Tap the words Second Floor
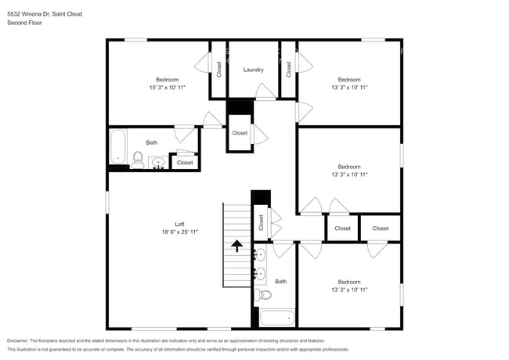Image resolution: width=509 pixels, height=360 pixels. (24, 23)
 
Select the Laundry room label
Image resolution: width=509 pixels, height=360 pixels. (253, 70)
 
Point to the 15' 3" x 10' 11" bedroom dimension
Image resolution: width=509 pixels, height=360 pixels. (167, 88)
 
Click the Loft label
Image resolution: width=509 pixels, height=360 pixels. (179, 224)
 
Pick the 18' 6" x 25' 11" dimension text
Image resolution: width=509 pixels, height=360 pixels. (179, 232)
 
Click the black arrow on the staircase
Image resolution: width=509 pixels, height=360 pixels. (236, 247)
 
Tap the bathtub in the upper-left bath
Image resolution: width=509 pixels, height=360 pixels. (118, 147)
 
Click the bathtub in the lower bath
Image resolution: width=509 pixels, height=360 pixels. (276, 319)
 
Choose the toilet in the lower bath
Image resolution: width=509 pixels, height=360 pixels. (263, 295)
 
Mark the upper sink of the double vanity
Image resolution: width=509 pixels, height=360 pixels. (260, 255)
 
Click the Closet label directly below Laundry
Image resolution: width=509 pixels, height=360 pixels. (240, 133)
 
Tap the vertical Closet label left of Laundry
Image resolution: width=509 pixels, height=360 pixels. (219, 70)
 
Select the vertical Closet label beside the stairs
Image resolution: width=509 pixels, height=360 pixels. (261, 223)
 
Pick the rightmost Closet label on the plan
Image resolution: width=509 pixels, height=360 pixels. (380, 229)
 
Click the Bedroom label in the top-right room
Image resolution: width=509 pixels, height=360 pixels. (349, 79)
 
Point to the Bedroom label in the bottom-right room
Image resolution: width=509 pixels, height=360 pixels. (349, 282)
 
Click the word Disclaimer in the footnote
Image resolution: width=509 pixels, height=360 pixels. (22, 341)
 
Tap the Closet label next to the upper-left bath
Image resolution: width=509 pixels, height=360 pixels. (185, 163)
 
